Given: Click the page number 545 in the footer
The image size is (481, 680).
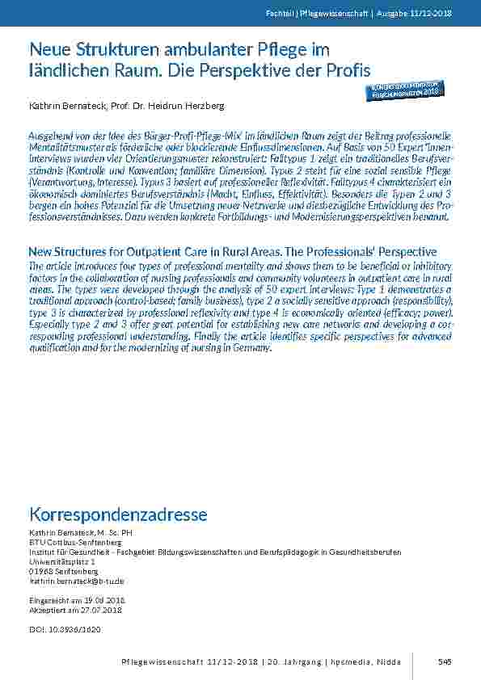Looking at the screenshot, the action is point(444,662).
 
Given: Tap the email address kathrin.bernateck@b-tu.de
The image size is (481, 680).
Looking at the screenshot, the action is point(76,581).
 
